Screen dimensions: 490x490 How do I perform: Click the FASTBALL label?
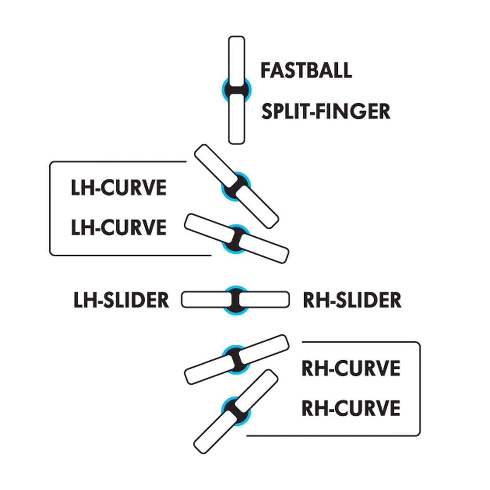tap(306, 70)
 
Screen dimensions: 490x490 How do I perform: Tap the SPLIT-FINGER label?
tap(325, 111)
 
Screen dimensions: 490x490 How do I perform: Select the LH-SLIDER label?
tap(121, 300)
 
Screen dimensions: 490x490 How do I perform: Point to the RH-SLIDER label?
tap(352, 300)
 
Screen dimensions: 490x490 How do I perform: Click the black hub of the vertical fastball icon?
tap(236, 90)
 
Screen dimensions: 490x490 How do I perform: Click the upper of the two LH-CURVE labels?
tap(119, 188)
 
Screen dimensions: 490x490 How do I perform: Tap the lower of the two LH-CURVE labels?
tap(119, 227)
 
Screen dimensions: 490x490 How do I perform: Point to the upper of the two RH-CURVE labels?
tap(351, 368)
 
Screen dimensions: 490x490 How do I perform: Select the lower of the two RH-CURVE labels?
tap(351, 408)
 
